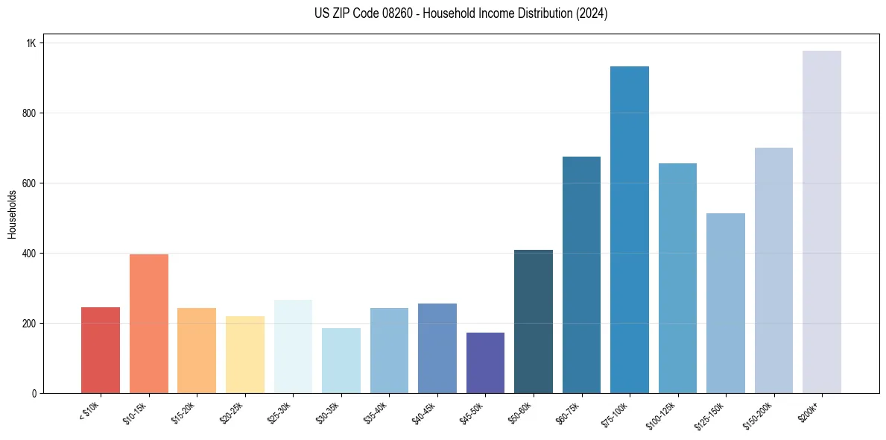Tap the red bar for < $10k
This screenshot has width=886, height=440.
(x=101, y=350)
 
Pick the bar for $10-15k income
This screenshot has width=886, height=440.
(x=148, y=324)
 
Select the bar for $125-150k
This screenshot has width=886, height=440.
(x=725, y=303)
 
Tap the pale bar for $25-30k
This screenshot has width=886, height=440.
(x=293, y=346)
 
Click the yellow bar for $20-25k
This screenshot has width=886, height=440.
(x=244, y=354)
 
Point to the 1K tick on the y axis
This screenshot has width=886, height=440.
(x=31, y=43)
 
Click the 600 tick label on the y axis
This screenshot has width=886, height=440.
(x=30, y=183)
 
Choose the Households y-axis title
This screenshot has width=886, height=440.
(x=12, y=214)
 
